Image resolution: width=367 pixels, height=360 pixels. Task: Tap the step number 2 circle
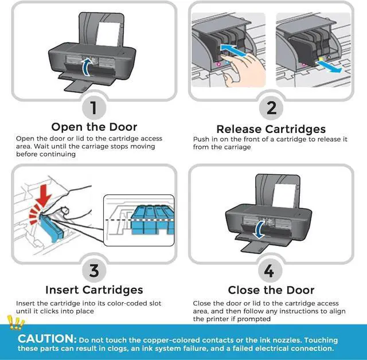click(x=271, y=107)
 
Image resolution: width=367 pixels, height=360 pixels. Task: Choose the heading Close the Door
click(x=271, y=290)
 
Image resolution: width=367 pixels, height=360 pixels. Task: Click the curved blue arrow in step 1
click(x=87, y=66)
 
